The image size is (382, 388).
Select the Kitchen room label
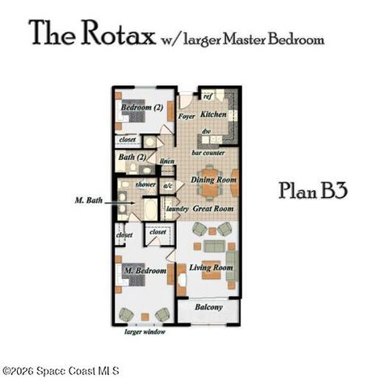pos(213,115)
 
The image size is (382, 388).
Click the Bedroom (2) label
pos(142,107)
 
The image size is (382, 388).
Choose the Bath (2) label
pos(132,157)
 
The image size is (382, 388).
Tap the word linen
pos(168,162)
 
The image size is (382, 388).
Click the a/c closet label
pos(168,185)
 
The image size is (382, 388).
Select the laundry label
pos(177,209)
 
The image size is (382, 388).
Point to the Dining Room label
pos(213,179)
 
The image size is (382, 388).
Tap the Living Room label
pos(212,268)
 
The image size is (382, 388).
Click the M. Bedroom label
pos(145,269)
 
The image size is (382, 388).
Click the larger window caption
pos(145,331)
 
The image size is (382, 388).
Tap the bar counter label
pos(208,151)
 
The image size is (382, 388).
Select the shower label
pos(145,184)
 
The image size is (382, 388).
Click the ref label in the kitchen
pos(207,96)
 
